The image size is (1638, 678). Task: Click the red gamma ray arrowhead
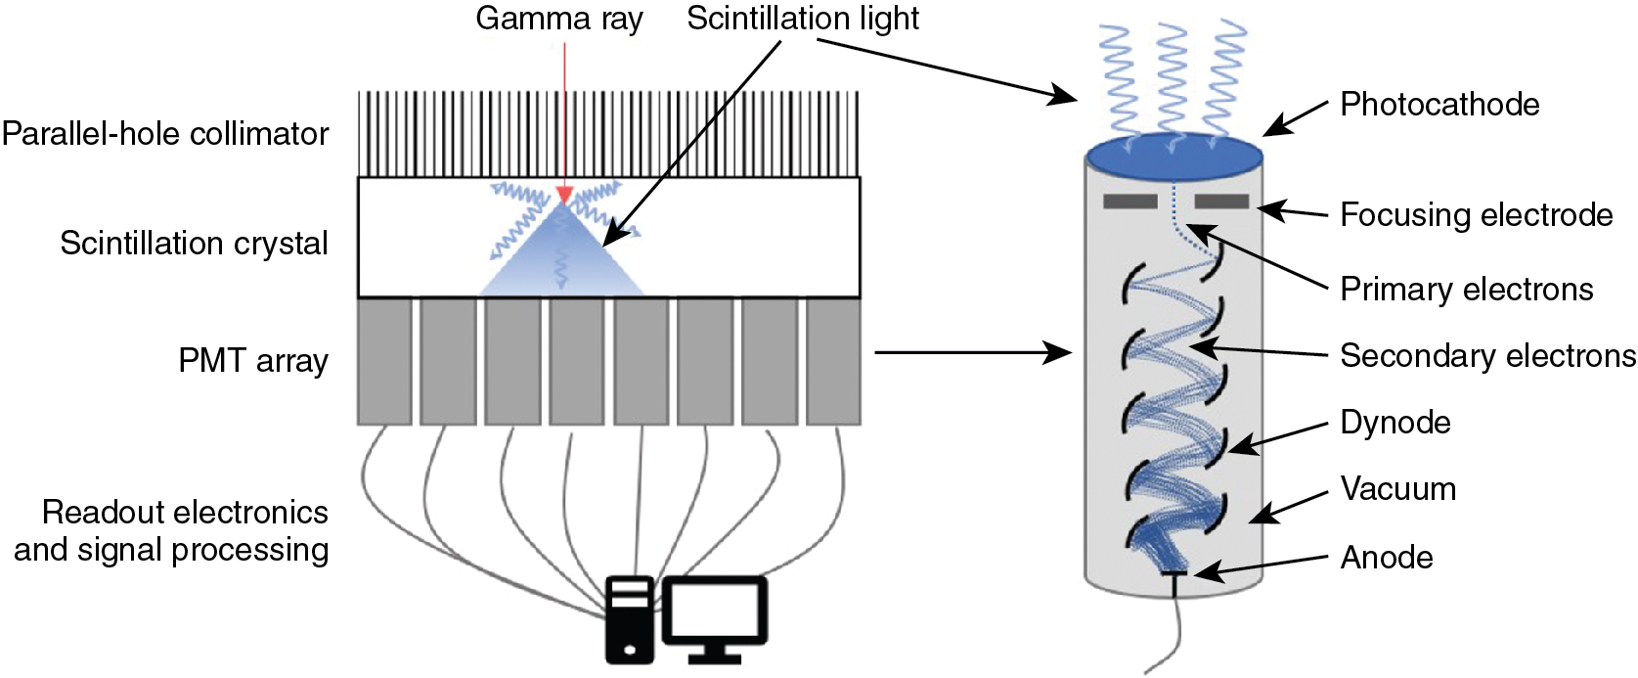(x=564, y=195)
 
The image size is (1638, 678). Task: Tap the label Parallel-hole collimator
(x=165, y=134)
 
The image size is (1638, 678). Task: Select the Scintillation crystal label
(x=194, y=244)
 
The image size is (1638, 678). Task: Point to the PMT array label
(x=252, y=361)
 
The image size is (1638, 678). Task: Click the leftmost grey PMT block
(x=384, y=361)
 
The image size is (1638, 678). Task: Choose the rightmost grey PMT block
(x=833, y=361)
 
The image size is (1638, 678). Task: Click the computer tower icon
(x=630, y=619)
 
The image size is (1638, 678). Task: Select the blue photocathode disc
(x=1173, y=158)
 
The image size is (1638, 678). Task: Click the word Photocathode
(x=1439, y=105)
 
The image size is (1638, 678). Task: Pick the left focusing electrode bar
(x=1129, y=202)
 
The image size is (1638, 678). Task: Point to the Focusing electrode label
(x=1476, y=215)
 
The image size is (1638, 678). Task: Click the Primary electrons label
(x=1466, y=290)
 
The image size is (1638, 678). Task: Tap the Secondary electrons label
(x=1487, y=356)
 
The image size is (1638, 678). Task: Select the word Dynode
(x=1395, y=423)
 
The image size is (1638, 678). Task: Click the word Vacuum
(x=1397, y=489)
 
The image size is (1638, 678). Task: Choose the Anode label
(x=1387, y=558)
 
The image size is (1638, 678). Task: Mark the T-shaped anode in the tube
(x=1173, y=577)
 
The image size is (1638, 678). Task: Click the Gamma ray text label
(x=559, y=19)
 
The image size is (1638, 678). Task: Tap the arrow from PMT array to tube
(x=972, y=352)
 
